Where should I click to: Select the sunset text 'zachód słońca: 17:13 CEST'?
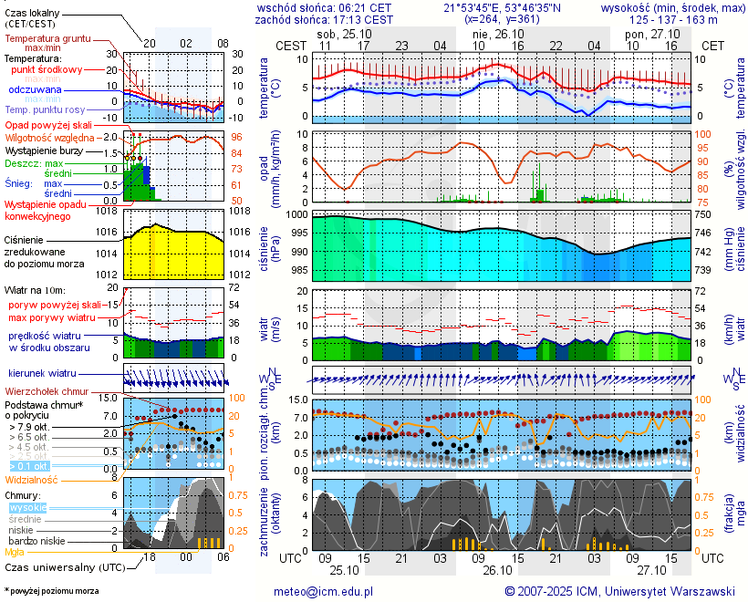[x=325, y=19]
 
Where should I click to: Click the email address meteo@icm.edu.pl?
[x=324, y=591]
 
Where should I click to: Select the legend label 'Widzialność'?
[x=32, y=478]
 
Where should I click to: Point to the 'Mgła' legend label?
[x=15, y=552]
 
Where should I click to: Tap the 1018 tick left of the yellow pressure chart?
[x=107, y=211]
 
